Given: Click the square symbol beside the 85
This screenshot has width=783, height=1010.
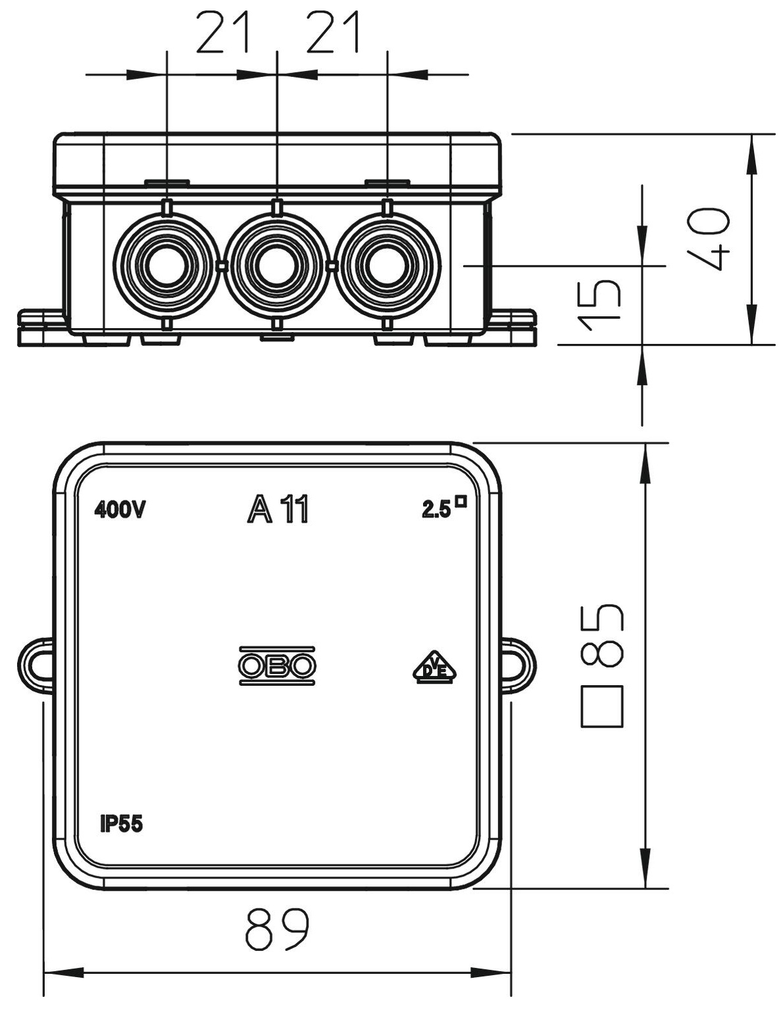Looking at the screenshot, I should (601, 706).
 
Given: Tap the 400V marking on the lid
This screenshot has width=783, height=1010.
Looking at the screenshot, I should (120, 510).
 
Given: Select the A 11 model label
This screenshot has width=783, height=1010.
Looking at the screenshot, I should (278, 510).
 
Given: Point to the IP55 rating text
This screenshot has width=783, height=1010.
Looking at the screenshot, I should (121, 824).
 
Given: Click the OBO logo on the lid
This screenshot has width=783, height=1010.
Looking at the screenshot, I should (277, 666).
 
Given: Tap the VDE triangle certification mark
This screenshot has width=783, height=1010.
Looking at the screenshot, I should (434, 668).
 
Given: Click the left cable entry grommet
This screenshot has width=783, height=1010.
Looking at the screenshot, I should (166, 266).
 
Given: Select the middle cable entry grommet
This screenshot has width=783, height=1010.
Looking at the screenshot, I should (277, 266).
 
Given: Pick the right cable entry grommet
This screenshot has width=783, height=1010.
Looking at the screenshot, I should (388, 266).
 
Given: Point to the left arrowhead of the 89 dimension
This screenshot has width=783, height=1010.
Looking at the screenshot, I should (63, 973).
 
